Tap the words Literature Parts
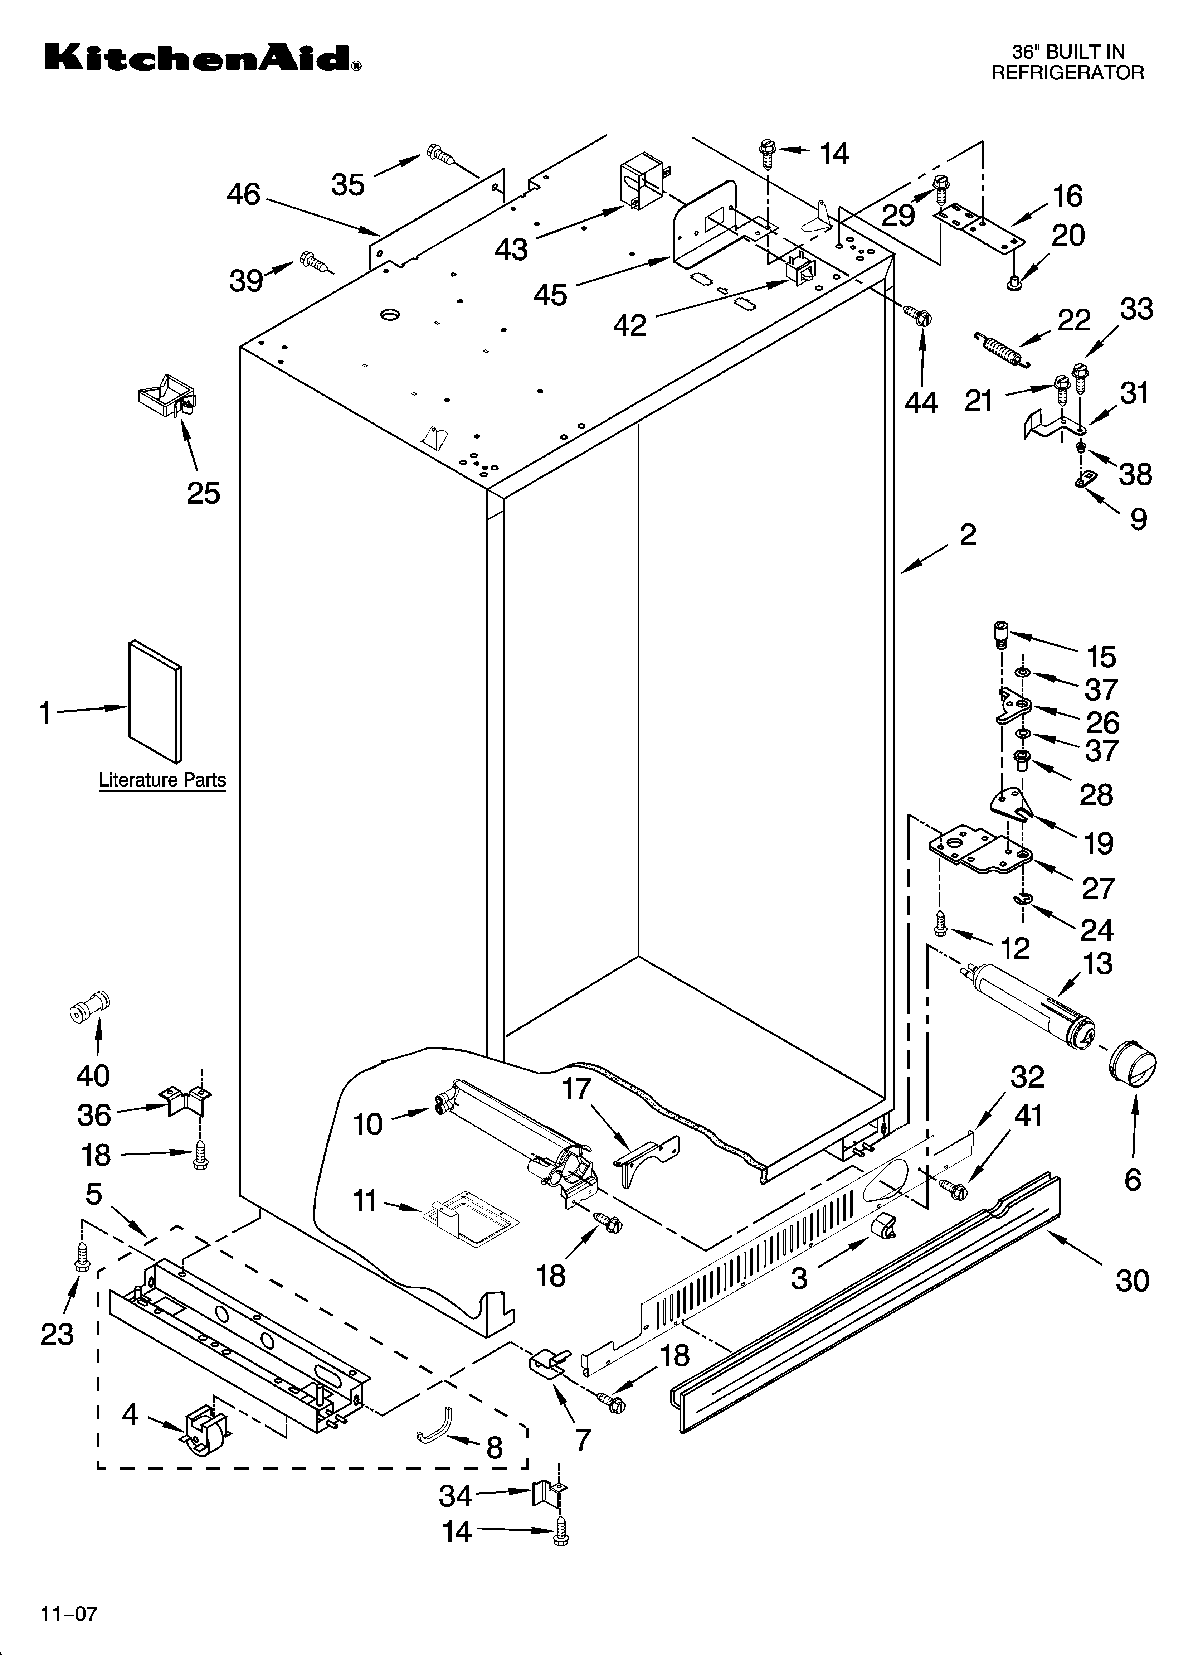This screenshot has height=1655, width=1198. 162,780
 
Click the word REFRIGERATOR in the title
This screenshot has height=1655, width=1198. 1067,73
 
